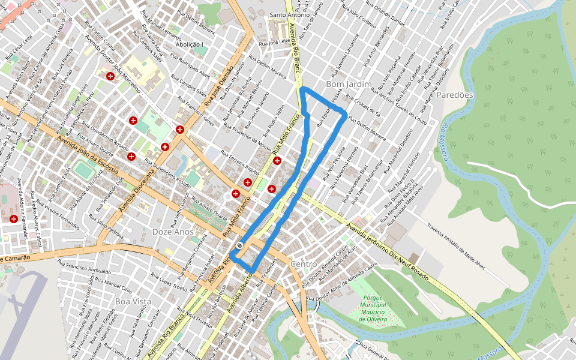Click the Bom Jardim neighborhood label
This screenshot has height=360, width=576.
[x=349, y=84]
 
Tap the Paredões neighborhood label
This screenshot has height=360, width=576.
[x=455, y=95]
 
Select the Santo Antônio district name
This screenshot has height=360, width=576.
[x=290, y=14]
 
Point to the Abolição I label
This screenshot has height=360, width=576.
[x=190, y=44]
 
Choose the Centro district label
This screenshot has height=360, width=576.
[x=303, y=264]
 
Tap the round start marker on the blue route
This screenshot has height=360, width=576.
[x=239, y=245]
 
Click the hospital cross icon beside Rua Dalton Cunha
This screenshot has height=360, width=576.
[x=110, y=76]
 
